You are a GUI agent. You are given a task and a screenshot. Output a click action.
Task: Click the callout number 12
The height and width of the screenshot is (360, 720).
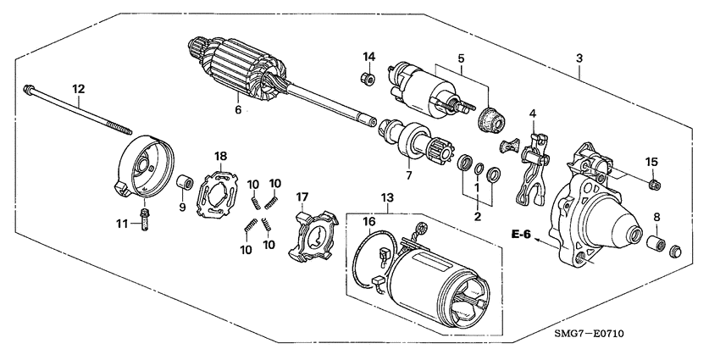click(78, 88)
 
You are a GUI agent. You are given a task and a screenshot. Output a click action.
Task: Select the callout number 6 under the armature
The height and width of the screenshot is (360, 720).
click(238, 109)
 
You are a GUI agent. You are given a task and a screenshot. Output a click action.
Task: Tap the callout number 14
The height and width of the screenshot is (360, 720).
click(369, 57)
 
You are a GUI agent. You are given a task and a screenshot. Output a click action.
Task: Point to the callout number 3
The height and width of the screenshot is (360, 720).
click(579, 58)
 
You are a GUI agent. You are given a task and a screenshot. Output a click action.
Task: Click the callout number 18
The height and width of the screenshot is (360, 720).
click(220, 156)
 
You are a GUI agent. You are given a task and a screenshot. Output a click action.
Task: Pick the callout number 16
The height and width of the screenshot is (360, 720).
click(369, 221)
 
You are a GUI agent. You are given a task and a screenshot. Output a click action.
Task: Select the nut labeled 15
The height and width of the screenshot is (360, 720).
click(654, 186)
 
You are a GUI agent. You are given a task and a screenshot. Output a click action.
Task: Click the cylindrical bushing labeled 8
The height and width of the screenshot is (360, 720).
click(655, 245)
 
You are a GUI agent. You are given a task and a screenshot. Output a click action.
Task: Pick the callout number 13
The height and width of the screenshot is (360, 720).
click(386, 197)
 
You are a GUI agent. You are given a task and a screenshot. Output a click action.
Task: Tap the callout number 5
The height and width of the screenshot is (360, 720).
click(461, 59)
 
